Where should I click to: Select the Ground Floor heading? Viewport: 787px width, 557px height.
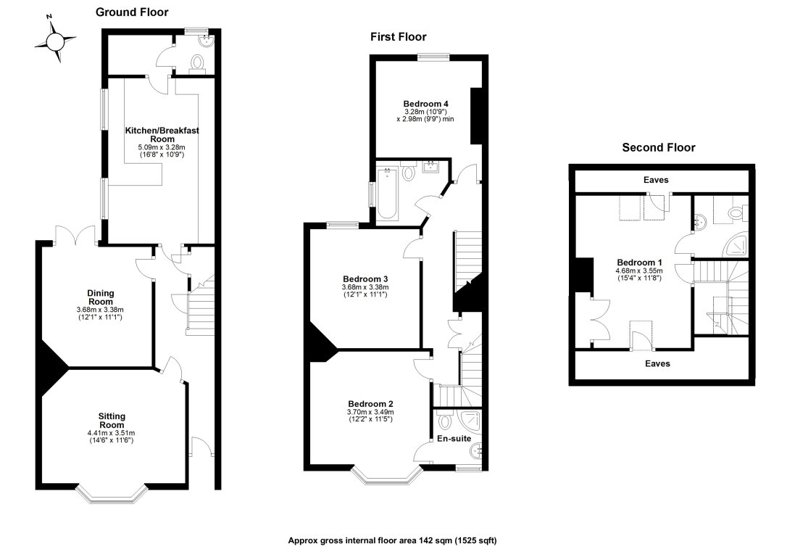click(132, 12)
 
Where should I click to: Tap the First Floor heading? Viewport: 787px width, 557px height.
click(399, 37)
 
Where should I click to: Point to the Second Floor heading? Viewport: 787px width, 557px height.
click(659, 148)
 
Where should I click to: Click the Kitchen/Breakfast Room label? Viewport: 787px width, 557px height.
click(162, 135)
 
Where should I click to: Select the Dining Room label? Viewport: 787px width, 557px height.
click(101, 297)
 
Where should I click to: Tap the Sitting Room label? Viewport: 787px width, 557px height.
click(112, 421)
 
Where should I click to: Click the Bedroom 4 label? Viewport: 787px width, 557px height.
click(425, 104)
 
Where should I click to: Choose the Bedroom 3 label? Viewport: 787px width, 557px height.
click(365, 278)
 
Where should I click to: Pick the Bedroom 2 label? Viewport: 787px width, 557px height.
click(370, 404)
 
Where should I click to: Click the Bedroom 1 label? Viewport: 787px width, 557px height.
click(639, 262)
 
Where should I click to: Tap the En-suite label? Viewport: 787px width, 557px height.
click(454, 439)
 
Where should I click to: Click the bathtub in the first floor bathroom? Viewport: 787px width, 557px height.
click(388, 194)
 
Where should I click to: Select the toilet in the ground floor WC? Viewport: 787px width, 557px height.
click(197, 65)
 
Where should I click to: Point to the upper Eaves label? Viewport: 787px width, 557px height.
click(656, 180)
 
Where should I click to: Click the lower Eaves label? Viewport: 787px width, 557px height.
click(657, 363)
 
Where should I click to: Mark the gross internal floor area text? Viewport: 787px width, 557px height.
click(392, 540)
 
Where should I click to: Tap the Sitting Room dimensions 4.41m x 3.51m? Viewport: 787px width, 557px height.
click(111, 433)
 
